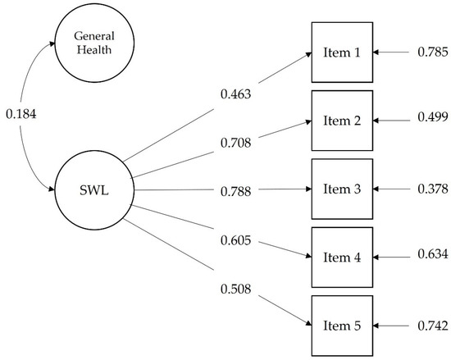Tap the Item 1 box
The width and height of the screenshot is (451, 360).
[x=342, y=53]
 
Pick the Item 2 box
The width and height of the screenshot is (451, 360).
[x=342, y=121]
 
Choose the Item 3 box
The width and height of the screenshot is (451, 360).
[x=342, y=189]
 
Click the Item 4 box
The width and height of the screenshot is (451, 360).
[x=342, y=256]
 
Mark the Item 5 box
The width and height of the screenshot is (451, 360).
[x=342, y=326]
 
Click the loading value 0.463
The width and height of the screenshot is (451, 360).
[x=237, y=94]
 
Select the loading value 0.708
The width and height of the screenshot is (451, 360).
[x=237, y=144]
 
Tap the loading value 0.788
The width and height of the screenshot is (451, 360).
[x=237, y=190]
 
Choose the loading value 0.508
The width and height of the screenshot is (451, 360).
[x=237, y=288]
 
